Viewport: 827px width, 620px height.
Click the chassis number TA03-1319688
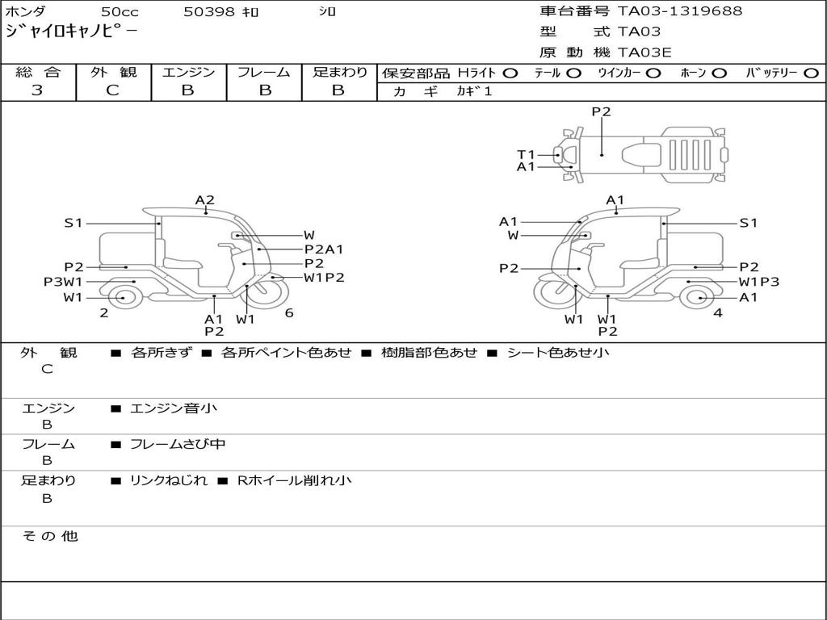coord(680,11)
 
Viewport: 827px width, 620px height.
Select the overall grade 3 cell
coord(37,90)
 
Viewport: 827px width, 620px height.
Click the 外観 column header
coord(113,73)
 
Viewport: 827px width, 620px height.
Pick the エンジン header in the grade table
coord(188,73)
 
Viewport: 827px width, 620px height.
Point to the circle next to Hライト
coord(510,73)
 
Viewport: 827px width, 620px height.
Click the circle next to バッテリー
coord(811,73)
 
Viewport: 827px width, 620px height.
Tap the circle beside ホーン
coord(719,73)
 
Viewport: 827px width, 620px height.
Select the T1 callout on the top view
coord(526,153)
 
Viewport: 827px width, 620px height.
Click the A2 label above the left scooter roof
coord(204,200)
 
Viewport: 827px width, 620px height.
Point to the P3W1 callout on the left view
coord(63,282)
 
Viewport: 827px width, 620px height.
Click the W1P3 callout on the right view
coord(758,282)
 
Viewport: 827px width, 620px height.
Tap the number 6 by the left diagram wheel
coord(288,313)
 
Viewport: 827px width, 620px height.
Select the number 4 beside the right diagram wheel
coord(717,313)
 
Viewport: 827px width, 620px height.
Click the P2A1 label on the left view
coord(323,249)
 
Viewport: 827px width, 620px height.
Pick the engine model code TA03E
coord(644,53)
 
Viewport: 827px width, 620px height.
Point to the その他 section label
coord(49,536)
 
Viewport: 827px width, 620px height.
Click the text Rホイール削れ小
coord(294,480)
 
